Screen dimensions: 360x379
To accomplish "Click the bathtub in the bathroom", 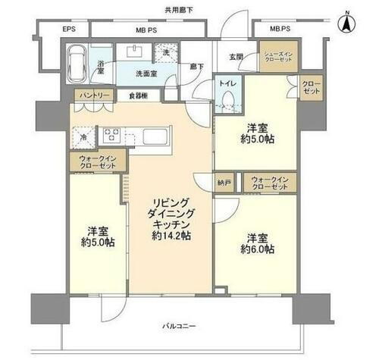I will click(76, 63).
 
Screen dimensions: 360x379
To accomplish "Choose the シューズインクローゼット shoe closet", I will click(278, 58).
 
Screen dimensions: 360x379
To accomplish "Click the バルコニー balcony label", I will click(180, 326).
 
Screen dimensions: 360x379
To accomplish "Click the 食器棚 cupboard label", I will click(139, 95).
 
